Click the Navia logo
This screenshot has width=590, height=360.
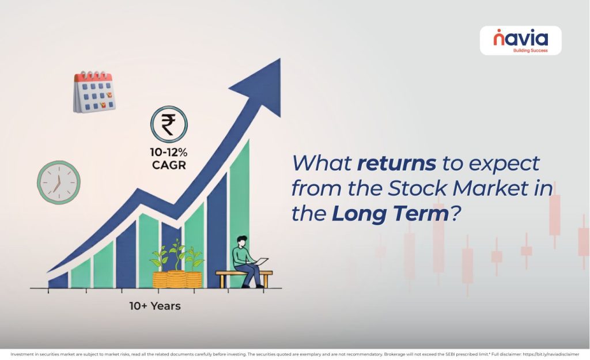520,40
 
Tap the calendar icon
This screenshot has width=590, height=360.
94,92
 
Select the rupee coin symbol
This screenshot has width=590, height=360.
169,124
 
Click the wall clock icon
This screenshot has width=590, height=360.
59,183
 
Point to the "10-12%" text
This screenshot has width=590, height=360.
169,152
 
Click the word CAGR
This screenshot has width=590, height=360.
169,165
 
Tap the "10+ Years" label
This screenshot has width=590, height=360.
155,306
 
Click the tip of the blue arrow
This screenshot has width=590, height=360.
280,59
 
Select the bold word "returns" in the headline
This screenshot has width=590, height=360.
396,163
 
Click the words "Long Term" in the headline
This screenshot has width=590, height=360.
390,213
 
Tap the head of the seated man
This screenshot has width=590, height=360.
242,241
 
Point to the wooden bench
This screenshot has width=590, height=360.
244,279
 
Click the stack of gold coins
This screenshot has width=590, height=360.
177,279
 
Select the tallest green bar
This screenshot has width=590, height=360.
239,213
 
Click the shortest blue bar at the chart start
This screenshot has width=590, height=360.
58,281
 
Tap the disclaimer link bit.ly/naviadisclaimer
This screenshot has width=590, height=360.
551,354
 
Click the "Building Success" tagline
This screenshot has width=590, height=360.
531,51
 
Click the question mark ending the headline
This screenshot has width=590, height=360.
456,213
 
